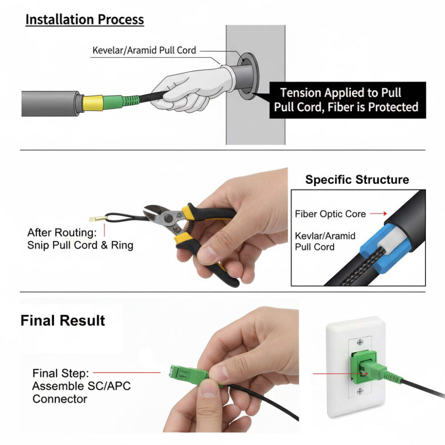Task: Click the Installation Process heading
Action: point(85,20)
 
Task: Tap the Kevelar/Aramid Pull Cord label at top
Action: point(144,50)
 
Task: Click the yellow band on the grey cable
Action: point(93,103)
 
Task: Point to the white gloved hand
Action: point(193,88)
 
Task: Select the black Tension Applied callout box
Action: point(348,100)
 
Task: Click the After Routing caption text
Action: point(80,239)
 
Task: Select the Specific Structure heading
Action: point(357,180)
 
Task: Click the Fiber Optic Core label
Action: point(330,214)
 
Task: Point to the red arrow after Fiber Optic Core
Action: point(378,214)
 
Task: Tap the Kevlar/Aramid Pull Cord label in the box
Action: point(325,241)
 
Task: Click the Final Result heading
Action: point(63,321)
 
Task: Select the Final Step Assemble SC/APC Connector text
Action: point(81,386)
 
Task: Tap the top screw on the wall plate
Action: point(360,342)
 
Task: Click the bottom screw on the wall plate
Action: point(360,391)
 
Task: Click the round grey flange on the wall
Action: point(247,76)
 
